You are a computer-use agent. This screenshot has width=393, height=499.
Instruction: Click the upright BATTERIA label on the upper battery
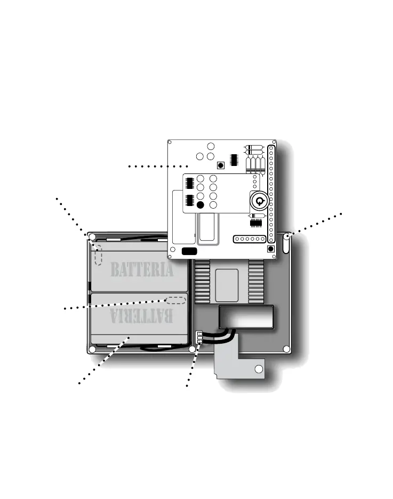[142, 270]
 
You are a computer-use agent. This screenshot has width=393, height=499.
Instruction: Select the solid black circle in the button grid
[200, 205]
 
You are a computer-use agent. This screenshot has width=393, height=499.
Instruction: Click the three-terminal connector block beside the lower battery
[199, 338]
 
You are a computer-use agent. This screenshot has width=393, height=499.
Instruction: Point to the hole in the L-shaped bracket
[259, 369]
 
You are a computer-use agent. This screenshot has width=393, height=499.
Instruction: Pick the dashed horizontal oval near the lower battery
[176, 300]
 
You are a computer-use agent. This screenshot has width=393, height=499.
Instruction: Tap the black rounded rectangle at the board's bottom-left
[189, 251]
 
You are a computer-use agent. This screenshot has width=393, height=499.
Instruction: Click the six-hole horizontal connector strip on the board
[251, 239]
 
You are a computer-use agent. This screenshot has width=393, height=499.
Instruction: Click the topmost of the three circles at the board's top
[211, 147]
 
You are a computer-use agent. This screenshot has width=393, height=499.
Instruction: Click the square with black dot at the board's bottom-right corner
[271, 249]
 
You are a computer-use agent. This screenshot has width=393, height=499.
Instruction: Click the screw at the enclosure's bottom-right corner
[286, 349]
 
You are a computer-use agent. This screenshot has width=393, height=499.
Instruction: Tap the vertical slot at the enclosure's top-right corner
[286, 243]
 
